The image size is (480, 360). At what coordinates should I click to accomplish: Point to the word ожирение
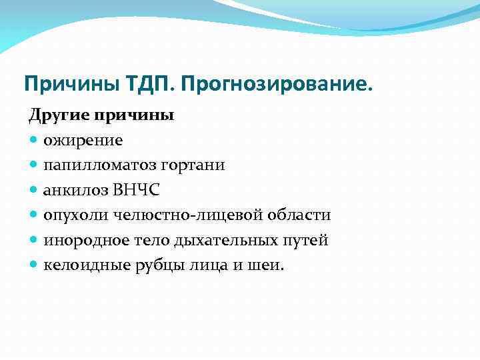[x=83, y=140]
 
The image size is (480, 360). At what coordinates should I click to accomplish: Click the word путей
[x=306, y=240]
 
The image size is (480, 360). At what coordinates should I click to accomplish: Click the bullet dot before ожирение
[x=34, y=141]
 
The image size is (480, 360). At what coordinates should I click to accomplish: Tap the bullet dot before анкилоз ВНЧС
[x=34, y=191]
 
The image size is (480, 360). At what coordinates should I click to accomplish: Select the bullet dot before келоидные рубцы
[x=34, y=265]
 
